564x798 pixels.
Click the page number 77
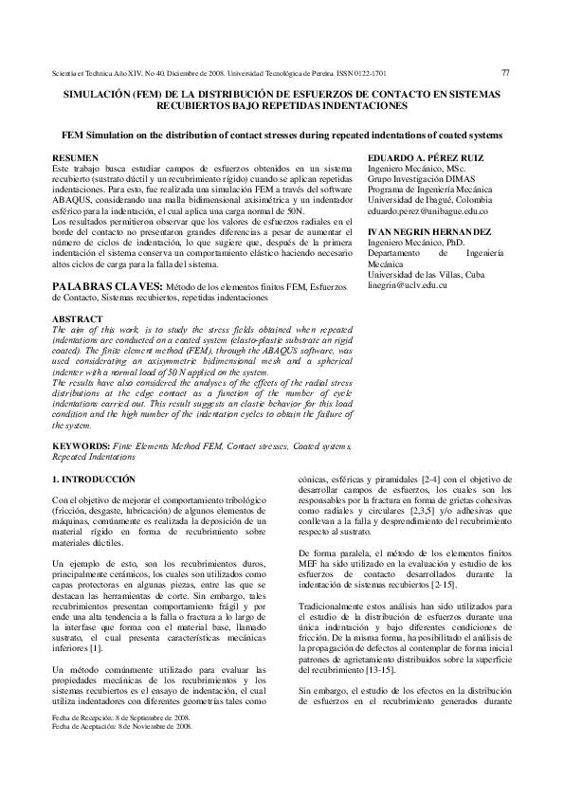tap(505, 72)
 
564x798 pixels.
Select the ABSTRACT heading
tap(77, 318)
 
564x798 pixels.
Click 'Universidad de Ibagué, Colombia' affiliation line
tap(431, 204)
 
